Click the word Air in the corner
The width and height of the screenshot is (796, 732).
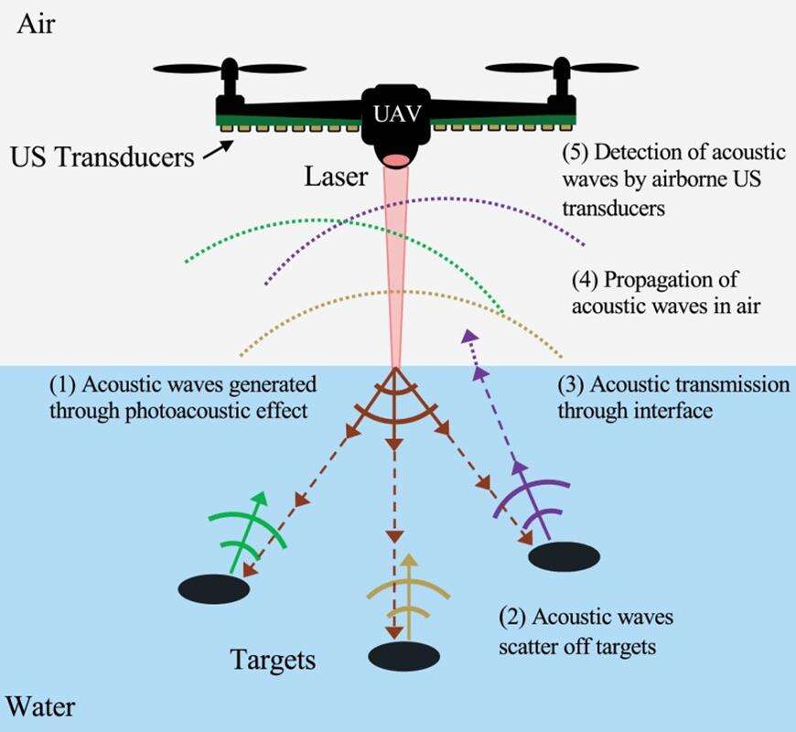(x=37, y=23)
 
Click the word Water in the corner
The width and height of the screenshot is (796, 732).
(x=40, y=706)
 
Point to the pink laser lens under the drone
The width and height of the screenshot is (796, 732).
(x=395, y=160)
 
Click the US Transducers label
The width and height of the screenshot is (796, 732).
(x=102, y=156)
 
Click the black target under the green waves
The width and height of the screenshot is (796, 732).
(x=213, y=588)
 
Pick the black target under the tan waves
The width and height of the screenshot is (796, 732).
(x=403, y=655)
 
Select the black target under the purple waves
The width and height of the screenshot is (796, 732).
(x=564, y=555)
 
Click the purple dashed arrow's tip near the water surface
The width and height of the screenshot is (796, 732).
(x=469, y=336)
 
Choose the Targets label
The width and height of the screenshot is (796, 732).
(x=273, y=659)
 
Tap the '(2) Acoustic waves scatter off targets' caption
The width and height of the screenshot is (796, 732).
(x=586, y=631)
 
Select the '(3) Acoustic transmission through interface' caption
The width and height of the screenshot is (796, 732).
(x=672, y=397)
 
